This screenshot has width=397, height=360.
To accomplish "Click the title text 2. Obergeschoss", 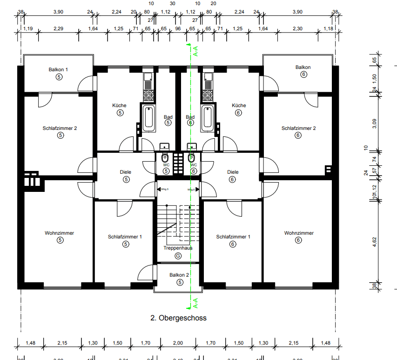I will (178, 318).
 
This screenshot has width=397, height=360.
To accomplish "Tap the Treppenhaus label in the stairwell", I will (177, 248).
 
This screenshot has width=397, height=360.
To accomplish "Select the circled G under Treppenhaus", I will (177, 256).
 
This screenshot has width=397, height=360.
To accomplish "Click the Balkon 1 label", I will (58, 69).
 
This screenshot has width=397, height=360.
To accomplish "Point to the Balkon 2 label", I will (179, 275).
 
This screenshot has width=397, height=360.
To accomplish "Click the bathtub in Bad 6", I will (208, 118).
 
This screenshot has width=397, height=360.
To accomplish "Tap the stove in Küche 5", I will (148, 95).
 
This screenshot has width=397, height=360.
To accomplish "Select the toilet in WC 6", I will (191, 157).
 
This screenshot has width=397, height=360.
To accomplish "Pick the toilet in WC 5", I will (165, 157).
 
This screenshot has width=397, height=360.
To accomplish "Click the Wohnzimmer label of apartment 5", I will (60, 233).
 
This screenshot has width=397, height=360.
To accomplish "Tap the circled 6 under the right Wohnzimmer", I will (298, 240).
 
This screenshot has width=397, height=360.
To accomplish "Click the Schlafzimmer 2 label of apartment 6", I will (298, 128).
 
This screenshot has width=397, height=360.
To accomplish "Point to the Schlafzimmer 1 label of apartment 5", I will (125, 237).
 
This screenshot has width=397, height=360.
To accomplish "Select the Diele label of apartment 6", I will (233, 172).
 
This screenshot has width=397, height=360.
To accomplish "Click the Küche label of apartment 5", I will (119, 105).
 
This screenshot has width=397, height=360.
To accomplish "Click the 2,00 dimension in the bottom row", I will (177, 343).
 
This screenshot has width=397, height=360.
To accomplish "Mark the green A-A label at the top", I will (195, 51).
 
